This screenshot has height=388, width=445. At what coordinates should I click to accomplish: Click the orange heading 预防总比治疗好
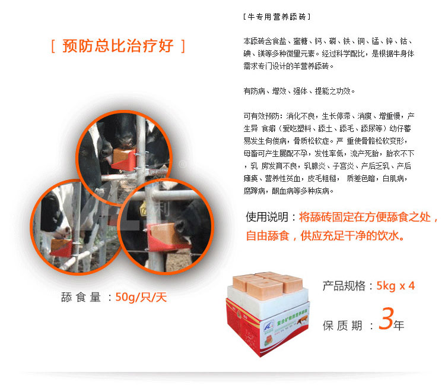(118, 46)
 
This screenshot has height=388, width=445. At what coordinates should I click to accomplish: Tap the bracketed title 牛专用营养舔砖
(276, 17)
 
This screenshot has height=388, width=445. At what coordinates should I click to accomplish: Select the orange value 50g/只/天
(141, 297)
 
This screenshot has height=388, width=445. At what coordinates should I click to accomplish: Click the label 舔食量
(80, 297)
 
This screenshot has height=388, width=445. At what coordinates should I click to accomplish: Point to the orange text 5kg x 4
(395, 286)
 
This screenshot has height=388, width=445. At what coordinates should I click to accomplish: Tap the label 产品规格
(344, 286)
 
